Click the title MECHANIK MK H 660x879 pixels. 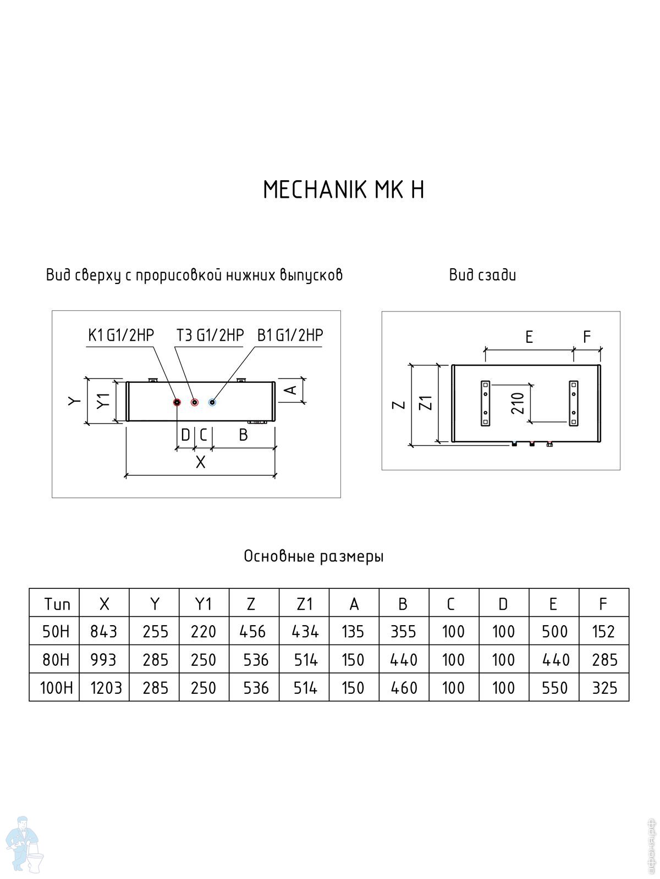[343, 190]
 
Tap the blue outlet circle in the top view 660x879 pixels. [212, 402]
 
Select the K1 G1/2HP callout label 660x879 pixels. [121, 335]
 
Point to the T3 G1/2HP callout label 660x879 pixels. [210, 335]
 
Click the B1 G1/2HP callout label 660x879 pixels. [290, 335]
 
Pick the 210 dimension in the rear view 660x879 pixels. [518, 403]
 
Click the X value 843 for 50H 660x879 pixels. [104, 632]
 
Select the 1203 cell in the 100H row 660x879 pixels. [106, 688]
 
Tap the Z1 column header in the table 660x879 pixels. [304, 604]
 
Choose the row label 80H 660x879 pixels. [56, 660]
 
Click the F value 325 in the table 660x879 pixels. [604, 688]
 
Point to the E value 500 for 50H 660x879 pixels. [554, 632]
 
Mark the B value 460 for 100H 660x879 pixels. [404, 688]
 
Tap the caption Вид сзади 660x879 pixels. [482, 275]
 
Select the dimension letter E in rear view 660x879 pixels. [529, 337]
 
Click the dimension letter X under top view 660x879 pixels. [200, 463]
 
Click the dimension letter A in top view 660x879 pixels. [291, 389]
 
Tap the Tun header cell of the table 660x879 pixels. [57, 604]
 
